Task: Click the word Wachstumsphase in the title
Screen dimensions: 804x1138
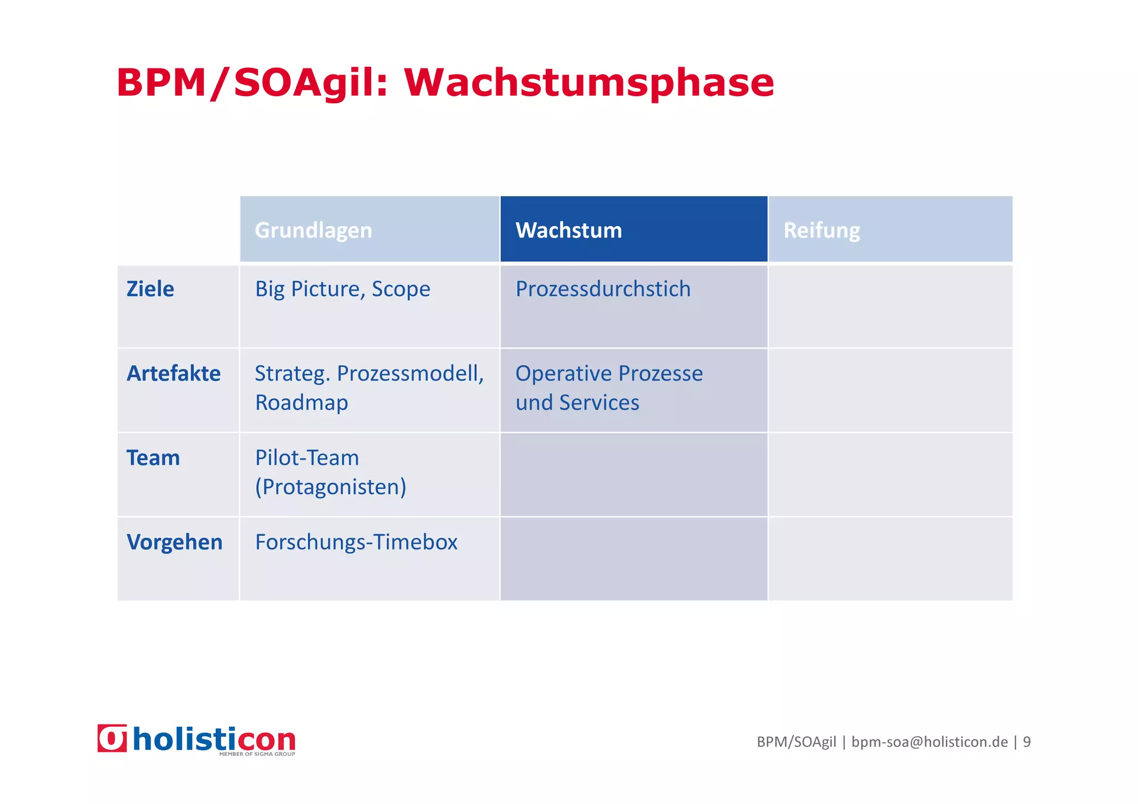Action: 589,83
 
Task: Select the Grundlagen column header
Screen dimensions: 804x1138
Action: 313,230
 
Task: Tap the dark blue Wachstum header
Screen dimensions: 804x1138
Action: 568,230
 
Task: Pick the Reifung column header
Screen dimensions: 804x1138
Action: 821,230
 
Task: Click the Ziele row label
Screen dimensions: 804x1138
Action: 150,289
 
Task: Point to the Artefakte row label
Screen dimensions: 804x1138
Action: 173,373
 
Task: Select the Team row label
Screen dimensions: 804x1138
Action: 153,458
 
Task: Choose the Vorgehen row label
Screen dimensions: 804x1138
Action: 174,542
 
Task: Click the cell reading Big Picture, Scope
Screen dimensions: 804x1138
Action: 342,289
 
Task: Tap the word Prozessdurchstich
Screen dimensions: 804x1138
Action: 603,289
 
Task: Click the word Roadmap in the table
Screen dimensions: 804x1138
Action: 301,402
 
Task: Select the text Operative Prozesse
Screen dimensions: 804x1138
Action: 609,373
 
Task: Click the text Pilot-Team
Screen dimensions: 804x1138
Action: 307,458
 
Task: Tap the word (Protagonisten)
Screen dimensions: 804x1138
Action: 331,487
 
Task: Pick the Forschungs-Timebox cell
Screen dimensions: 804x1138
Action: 356,542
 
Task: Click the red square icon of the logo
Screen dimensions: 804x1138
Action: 112,738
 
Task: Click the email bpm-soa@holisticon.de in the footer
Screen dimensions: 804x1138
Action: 929,742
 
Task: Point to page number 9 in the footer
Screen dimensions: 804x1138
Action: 1026,742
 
